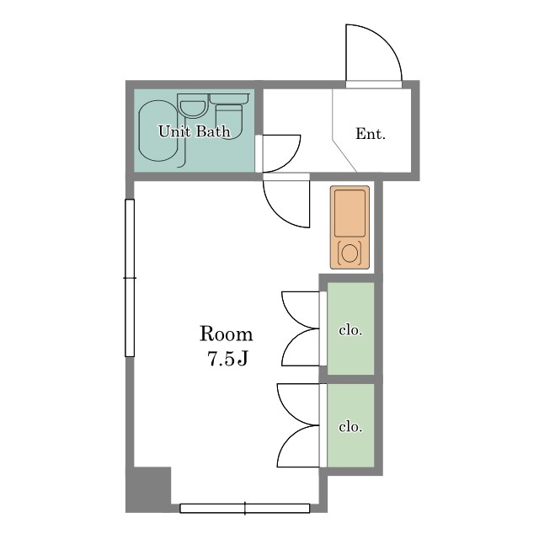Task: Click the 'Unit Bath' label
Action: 195,131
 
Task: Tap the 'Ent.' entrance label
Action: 371,134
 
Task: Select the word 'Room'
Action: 227,334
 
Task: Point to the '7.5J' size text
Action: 227,359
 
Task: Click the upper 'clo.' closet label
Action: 350,330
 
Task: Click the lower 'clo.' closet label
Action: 350,427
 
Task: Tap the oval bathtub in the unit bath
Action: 158,131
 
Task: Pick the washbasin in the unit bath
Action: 193,109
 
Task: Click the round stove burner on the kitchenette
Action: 350,253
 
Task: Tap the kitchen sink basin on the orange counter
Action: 350,213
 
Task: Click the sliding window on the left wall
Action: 130,278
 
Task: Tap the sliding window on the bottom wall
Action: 245,508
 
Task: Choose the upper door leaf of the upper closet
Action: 301,310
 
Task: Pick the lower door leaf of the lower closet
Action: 298,446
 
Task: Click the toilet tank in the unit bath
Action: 229,99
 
